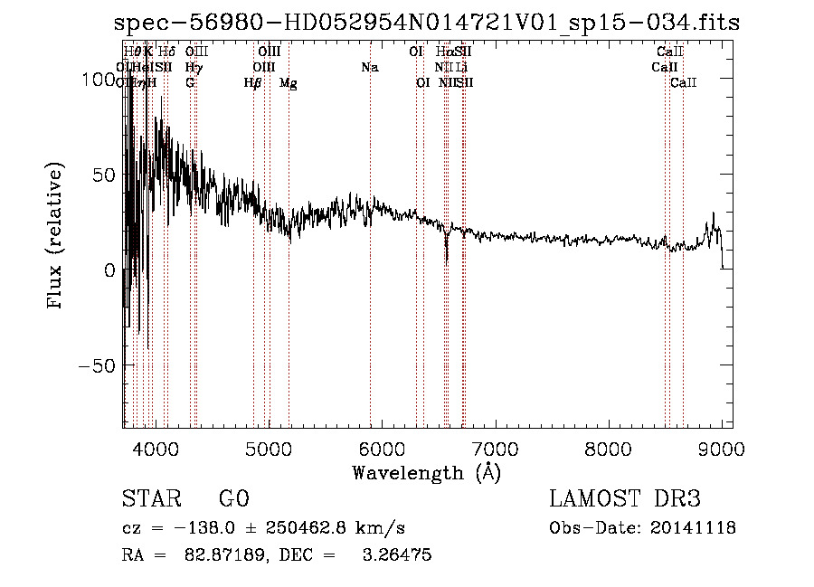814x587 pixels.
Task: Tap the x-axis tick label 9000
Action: click(721, 449)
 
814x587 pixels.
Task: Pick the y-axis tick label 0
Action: click(109, 270)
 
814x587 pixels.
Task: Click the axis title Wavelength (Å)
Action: click(426, 472)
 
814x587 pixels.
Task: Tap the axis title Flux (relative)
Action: click(56, 237)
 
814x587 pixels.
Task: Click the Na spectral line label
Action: click(369, 67)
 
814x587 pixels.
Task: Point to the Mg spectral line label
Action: click(289, 83)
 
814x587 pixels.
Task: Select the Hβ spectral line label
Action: click(253, 83)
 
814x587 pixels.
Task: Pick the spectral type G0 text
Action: click(233, 499)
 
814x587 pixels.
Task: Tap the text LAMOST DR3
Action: click(625, 499)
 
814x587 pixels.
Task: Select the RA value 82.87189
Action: click(216, 555)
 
